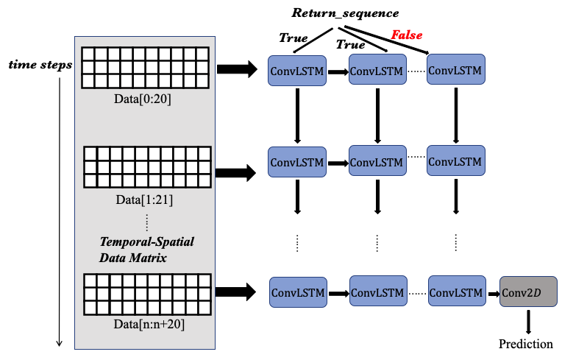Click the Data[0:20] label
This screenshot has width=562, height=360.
click(143, 99)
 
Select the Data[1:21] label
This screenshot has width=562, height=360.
click(144, 200)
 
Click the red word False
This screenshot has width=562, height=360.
click(406, 35)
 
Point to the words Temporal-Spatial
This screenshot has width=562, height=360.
click(147, 241)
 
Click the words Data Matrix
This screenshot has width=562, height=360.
click(132, 258)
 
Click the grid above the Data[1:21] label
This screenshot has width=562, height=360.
click(147, 167)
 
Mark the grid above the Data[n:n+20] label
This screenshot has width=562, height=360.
click(147, 294)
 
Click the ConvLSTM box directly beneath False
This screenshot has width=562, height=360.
click(377, 71)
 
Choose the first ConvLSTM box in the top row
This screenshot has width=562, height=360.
click(297, 71)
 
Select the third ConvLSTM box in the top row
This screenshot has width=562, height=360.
click(455, 70)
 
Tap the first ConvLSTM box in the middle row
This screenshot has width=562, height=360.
click(297, 162)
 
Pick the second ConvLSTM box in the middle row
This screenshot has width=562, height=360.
click(377, 161)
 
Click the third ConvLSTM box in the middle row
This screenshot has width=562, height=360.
click(455, 160)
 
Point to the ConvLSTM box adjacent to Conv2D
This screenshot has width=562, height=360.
click(457, 292)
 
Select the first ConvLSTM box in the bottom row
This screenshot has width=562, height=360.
click(298, 292)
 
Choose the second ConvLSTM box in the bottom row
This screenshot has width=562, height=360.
click(377, 292)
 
